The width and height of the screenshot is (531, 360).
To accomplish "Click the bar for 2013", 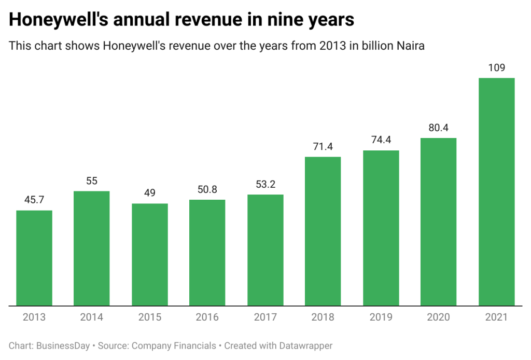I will [34, 258].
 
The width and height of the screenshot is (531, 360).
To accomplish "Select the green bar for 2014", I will [92, 248].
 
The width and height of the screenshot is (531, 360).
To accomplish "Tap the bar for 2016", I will [207, 253].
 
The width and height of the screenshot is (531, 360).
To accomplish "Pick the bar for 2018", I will [323, 231].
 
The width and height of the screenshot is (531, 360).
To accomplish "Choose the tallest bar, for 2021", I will [496, 192].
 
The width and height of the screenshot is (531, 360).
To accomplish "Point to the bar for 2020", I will [439, 222].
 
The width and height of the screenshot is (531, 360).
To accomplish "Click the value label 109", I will [496, 67].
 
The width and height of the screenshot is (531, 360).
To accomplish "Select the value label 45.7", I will [34, 200].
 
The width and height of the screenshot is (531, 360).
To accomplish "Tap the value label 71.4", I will [323, 146].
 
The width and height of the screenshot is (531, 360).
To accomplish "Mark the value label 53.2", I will [265, 184].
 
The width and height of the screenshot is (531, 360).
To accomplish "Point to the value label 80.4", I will [439, 128].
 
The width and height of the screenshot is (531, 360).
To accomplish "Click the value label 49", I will [150, 193].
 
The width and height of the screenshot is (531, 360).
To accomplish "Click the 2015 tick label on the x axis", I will [150, 317].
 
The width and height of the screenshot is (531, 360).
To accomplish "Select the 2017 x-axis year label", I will [265, 317].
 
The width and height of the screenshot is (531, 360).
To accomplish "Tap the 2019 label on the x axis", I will [381, 317].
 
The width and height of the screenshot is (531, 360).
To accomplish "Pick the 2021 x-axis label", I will [496, 317].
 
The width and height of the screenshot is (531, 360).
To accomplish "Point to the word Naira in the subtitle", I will [411, 46].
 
